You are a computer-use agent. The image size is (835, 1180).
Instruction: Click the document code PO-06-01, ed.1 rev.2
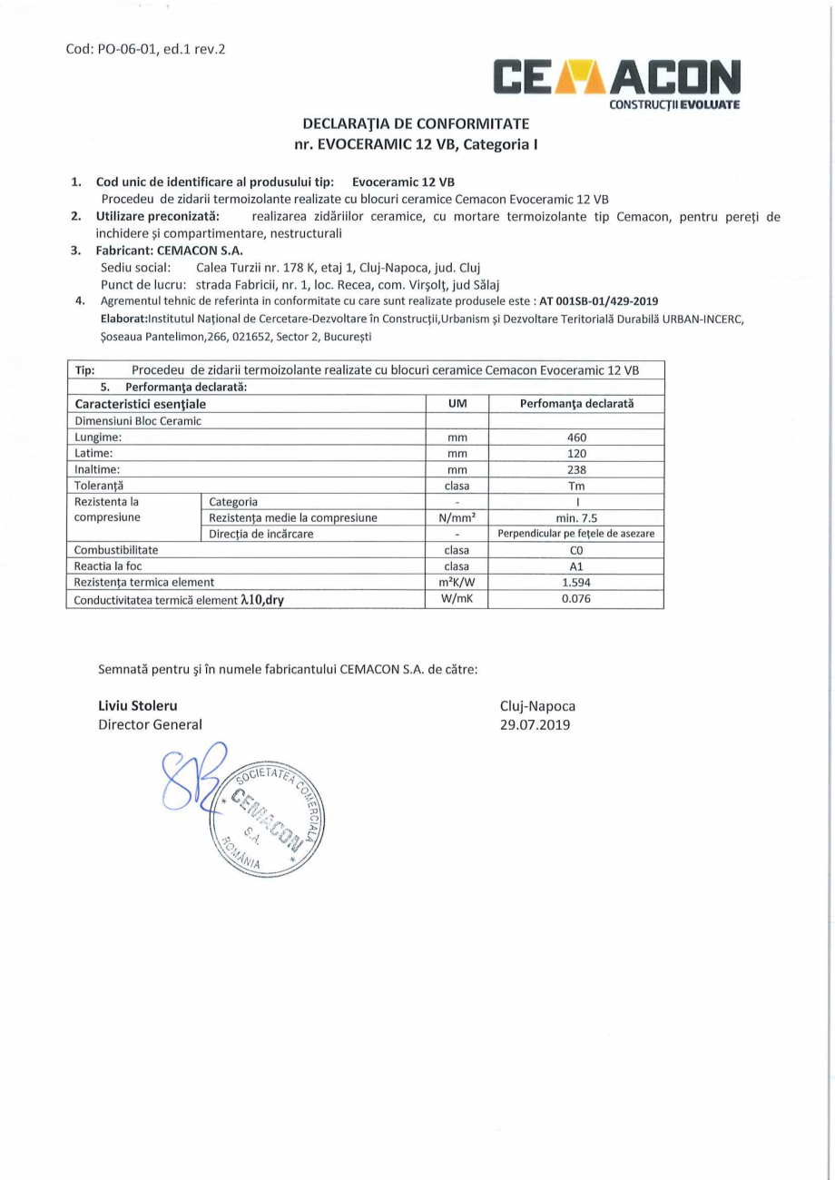click(145, 48)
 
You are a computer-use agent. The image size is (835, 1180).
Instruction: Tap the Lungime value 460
click(576, 437)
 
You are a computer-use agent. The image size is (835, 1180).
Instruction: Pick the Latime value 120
click(576, 453)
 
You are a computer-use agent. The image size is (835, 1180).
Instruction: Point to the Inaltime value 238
click(576, 469)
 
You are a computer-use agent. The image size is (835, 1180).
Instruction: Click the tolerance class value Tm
click(576, 486)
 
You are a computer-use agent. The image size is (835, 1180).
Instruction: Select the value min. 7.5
click(576, 517)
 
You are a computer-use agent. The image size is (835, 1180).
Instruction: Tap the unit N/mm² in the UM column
click(457, 517)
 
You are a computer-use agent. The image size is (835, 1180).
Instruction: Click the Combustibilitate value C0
click(576, 550)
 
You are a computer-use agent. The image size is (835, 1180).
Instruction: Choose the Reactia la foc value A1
click(576, 566)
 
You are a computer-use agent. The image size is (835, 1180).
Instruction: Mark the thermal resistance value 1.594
click(576, 583)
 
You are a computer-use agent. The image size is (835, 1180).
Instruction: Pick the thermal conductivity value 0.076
click(576, 599)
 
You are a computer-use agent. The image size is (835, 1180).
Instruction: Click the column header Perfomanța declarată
click(576, 403)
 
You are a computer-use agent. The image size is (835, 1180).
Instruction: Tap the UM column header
click(457, 403)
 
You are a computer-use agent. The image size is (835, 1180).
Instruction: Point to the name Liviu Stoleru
click(138, 705)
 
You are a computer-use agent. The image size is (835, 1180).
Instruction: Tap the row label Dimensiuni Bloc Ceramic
click(137, 420)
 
